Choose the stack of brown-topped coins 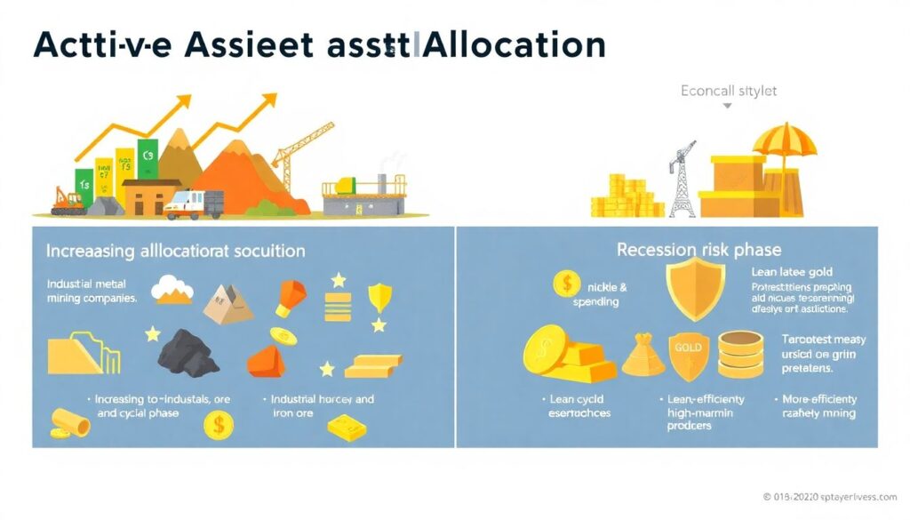point(740,355)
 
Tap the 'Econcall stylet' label point(728,91)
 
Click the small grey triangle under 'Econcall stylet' point(728,106)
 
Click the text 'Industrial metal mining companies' point(91,291)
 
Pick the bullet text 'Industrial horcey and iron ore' point(322,406)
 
